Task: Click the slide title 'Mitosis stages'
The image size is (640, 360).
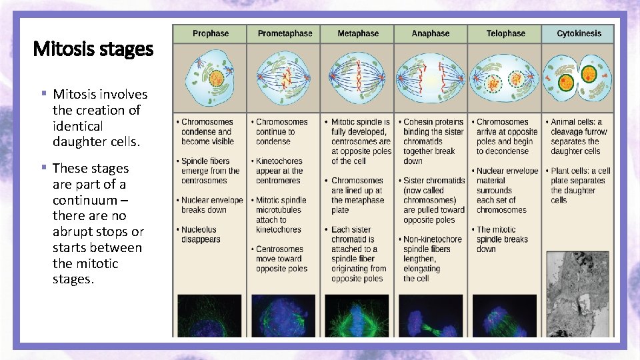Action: coord(93,49)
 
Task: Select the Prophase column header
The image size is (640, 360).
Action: coord(210,33)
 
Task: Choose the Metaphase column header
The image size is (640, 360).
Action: coord(357,33)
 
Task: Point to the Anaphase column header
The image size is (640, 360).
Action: coord(431,33)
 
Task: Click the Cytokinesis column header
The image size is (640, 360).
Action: coord(579,33)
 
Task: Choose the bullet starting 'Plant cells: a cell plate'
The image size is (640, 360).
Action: coord(579,185)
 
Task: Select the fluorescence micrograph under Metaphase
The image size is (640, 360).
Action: coord(357,315)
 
